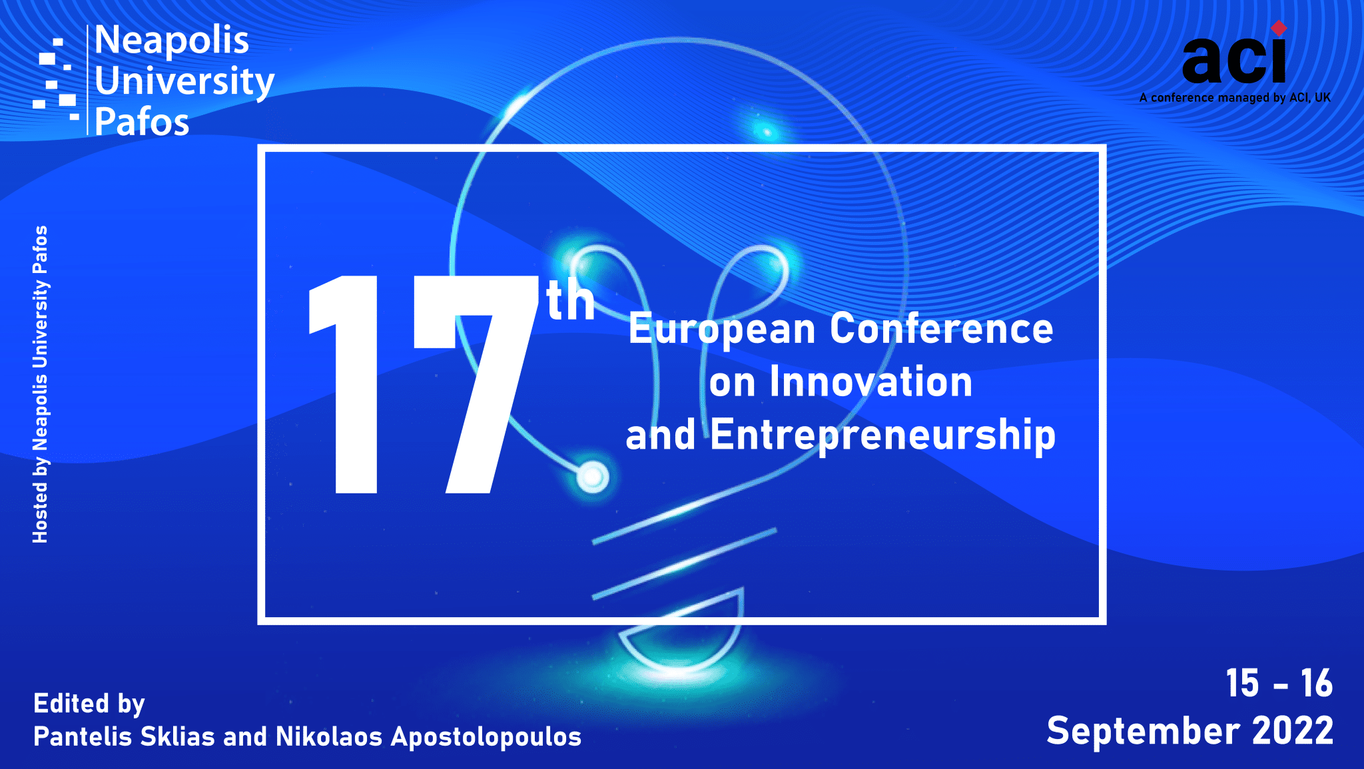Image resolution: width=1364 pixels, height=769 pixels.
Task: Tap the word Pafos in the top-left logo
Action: [x=142, y=122]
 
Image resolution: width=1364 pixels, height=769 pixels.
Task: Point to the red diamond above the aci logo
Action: [x=1279, y=28]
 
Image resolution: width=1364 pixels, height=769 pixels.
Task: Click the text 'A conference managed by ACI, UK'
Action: [x=1235, y=98]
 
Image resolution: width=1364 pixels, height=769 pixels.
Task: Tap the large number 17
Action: [x=424, y=384]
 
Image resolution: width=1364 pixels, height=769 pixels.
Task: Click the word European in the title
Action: [x=722, y=330]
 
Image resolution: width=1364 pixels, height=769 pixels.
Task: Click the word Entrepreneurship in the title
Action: [x=883, y=435]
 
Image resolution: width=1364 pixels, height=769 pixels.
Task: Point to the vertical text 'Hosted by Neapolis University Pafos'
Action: [x=40, y=384]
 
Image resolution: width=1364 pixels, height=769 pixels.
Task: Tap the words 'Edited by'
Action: [x=89, y=704]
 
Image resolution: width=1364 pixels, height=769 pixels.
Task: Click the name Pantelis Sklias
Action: [x=124, y=737]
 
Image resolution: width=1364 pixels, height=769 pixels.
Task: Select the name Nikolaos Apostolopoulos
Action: [x=428, y=737]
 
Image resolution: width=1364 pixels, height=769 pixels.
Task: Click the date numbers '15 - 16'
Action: [x=1279, y=683]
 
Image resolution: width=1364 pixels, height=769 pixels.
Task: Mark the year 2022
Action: [x=1293, y=731]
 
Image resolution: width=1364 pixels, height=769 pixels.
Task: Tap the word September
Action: [x=1143, y=732]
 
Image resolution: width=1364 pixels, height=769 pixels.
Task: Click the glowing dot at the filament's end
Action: [x=592, y=477]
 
